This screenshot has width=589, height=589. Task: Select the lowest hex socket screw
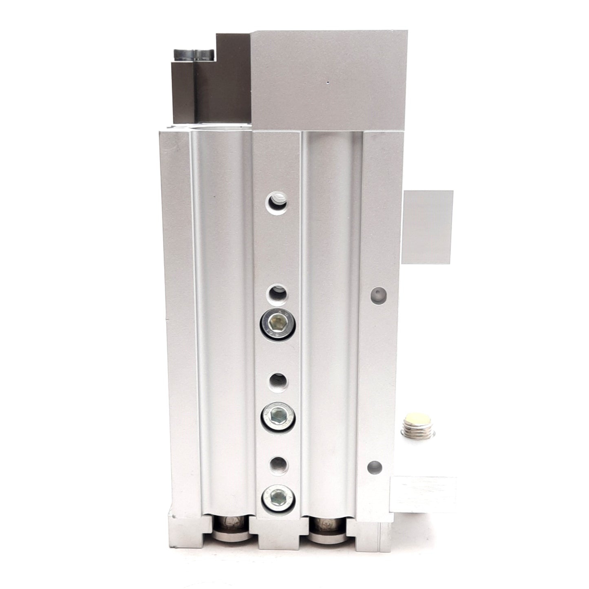pyautogui.click(x=279, y=499)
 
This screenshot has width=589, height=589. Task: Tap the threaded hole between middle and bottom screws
pyautogui.click(x=278, y=464)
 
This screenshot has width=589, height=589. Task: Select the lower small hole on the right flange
pyautogui.click(x=375, y=465)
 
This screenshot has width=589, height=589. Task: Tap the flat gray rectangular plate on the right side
pyautogui.click(x=427, y=227)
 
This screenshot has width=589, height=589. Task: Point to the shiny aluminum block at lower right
pyautogui.click(x=423, y=494)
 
